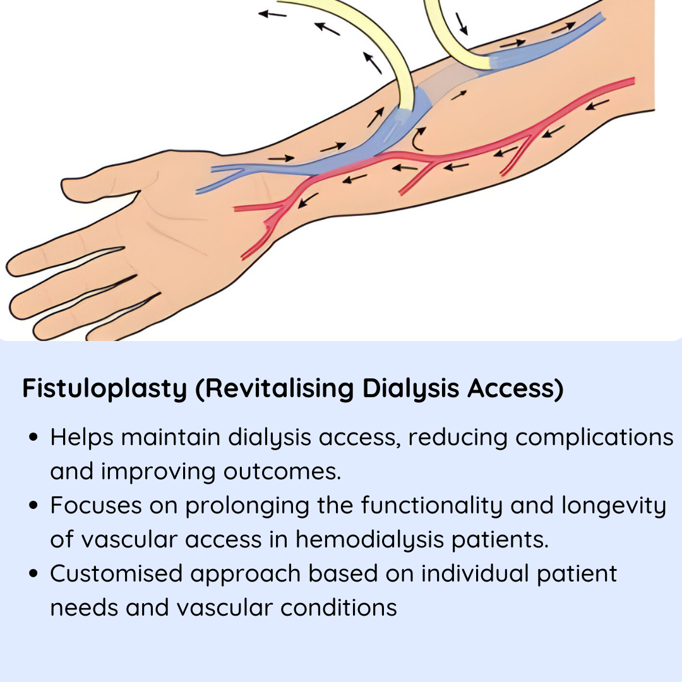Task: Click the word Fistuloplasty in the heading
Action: [x=104, y=388]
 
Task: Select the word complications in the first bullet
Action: [x=594, y=438]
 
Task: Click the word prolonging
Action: [x=247, y=506]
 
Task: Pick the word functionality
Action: [x=432, y=506]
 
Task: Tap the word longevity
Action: [x=614, y=506]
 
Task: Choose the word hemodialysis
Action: [x=369, y=540]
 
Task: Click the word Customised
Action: [x=116, y=573]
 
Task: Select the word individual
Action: [x=475, y=573]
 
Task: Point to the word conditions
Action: [x=338, y=607]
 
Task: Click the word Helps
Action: [x=81, y=438]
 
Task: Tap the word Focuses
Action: [x=96, y=506]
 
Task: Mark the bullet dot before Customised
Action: [x=33, y=573]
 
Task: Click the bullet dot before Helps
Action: [x=33, y=437]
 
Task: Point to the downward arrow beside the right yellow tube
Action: [x=462, y=24]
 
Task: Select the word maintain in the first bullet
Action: [x=170, y=438]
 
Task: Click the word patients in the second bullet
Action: [x=500, y=540]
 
